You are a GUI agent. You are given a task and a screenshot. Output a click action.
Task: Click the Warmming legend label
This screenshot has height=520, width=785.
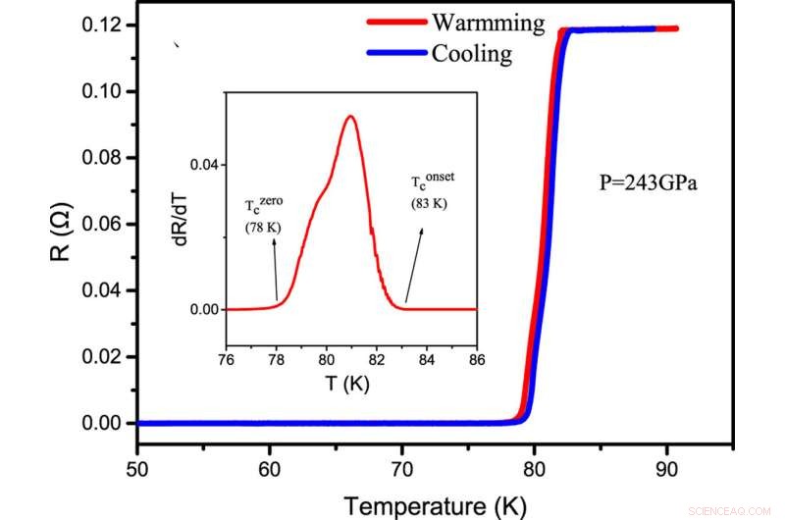coord(488,22)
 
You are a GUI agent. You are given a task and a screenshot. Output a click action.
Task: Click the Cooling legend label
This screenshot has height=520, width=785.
coord(471,53)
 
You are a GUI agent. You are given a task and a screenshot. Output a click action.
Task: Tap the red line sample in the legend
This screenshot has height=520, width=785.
coord(395,22)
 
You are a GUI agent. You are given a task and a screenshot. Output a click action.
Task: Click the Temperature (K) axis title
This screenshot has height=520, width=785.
coord(435,504)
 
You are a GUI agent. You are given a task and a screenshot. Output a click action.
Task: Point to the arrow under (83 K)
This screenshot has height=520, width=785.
coord(415,264)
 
